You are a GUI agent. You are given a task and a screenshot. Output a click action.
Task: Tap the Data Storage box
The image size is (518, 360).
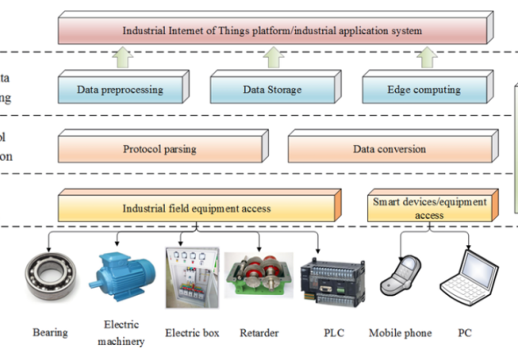click(x=272, y=89)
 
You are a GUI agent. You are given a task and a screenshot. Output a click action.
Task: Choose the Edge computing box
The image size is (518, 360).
click(x=424, y=89)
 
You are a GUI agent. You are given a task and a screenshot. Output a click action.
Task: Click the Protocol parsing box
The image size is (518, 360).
click(x=159, y=148)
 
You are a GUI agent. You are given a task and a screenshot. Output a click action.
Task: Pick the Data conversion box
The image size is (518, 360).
click(x=389, y=148)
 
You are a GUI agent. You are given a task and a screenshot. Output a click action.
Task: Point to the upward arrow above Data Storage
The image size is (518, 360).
click(x=272, y=58)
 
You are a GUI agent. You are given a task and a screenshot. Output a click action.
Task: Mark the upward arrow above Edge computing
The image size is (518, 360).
click(x=426, y=58)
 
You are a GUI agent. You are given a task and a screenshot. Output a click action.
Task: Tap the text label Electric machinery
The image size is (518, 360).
click(x=123, y=333)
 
